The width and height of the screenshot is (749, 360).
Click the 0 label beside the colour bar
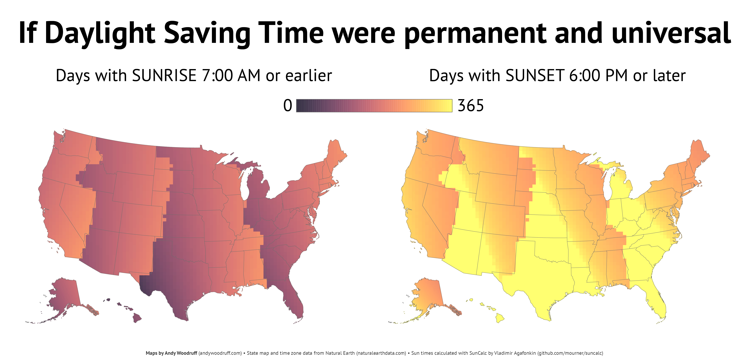(x=288, y=106)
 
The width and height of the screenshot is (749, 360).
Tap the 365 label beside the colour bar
(x=471, y=106)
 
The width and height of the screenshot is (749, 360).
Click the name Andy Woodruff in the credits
(x=181, y=353)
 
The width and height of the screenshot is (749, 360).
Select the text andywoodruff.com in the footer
(x=220, y=353)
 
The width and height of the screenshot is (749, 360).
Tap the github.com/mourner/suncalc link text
(x=570, y=353)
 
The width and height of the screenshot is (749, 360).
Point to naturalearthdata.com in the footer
(x=381, y=353)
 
